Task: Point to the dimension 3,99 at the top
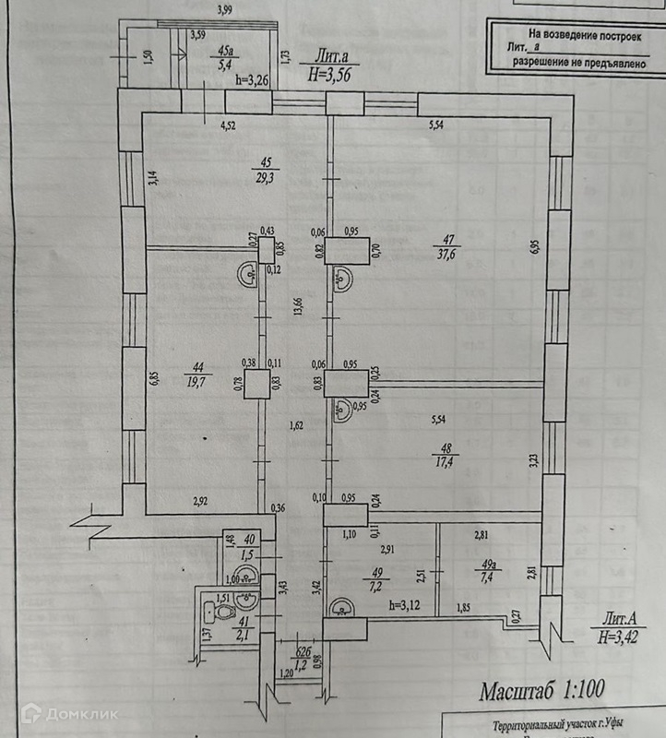click(224, 10)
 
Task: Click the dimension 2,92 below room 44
click(202, 502)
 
